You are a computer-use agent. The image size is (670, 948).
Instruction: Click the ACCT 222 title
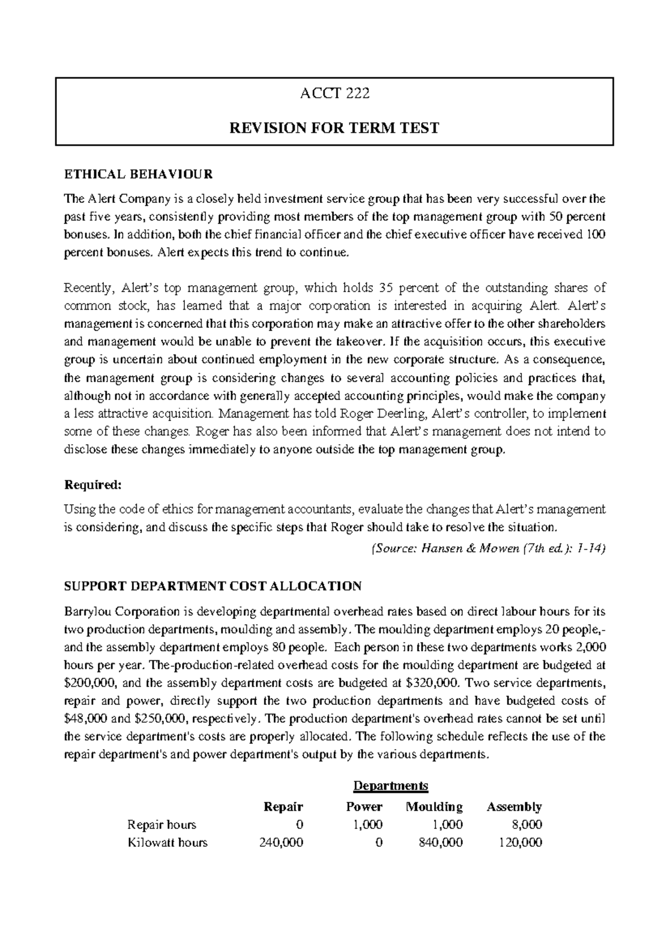(334, 93)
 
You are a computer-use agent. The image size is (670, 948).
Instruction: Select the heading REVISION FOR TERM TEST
(334, 128)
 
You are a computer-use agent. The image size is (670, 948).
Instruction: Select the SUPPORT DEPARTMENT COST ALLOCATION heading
(213, 586)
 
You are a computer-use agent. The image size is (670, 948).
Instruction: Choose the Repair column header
(283, 807)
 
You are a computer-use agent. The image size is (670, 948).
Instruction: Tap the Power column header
(364, 807)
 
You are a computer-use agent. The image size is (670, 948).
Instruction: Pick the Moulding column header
(434, 807)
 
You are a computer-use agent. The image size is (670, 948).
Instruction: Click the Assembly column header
(514, 807)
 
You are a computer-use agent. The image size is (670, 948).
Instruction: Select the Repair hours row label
(162, 824)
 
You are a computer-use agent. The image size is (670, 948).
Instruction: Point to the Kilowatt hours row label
(167, 842)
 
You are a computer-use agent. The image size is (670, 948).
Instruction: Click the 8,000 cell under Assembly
(527, 824)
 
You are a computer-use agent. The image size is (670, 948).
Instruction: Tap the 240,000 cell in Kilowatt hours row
(281, 842)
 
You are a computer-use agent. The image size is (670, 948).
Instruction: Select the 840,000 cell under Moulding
(441, 842)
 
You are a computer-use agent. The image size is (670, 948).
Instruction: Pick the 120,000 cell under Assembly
(520, 842)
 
